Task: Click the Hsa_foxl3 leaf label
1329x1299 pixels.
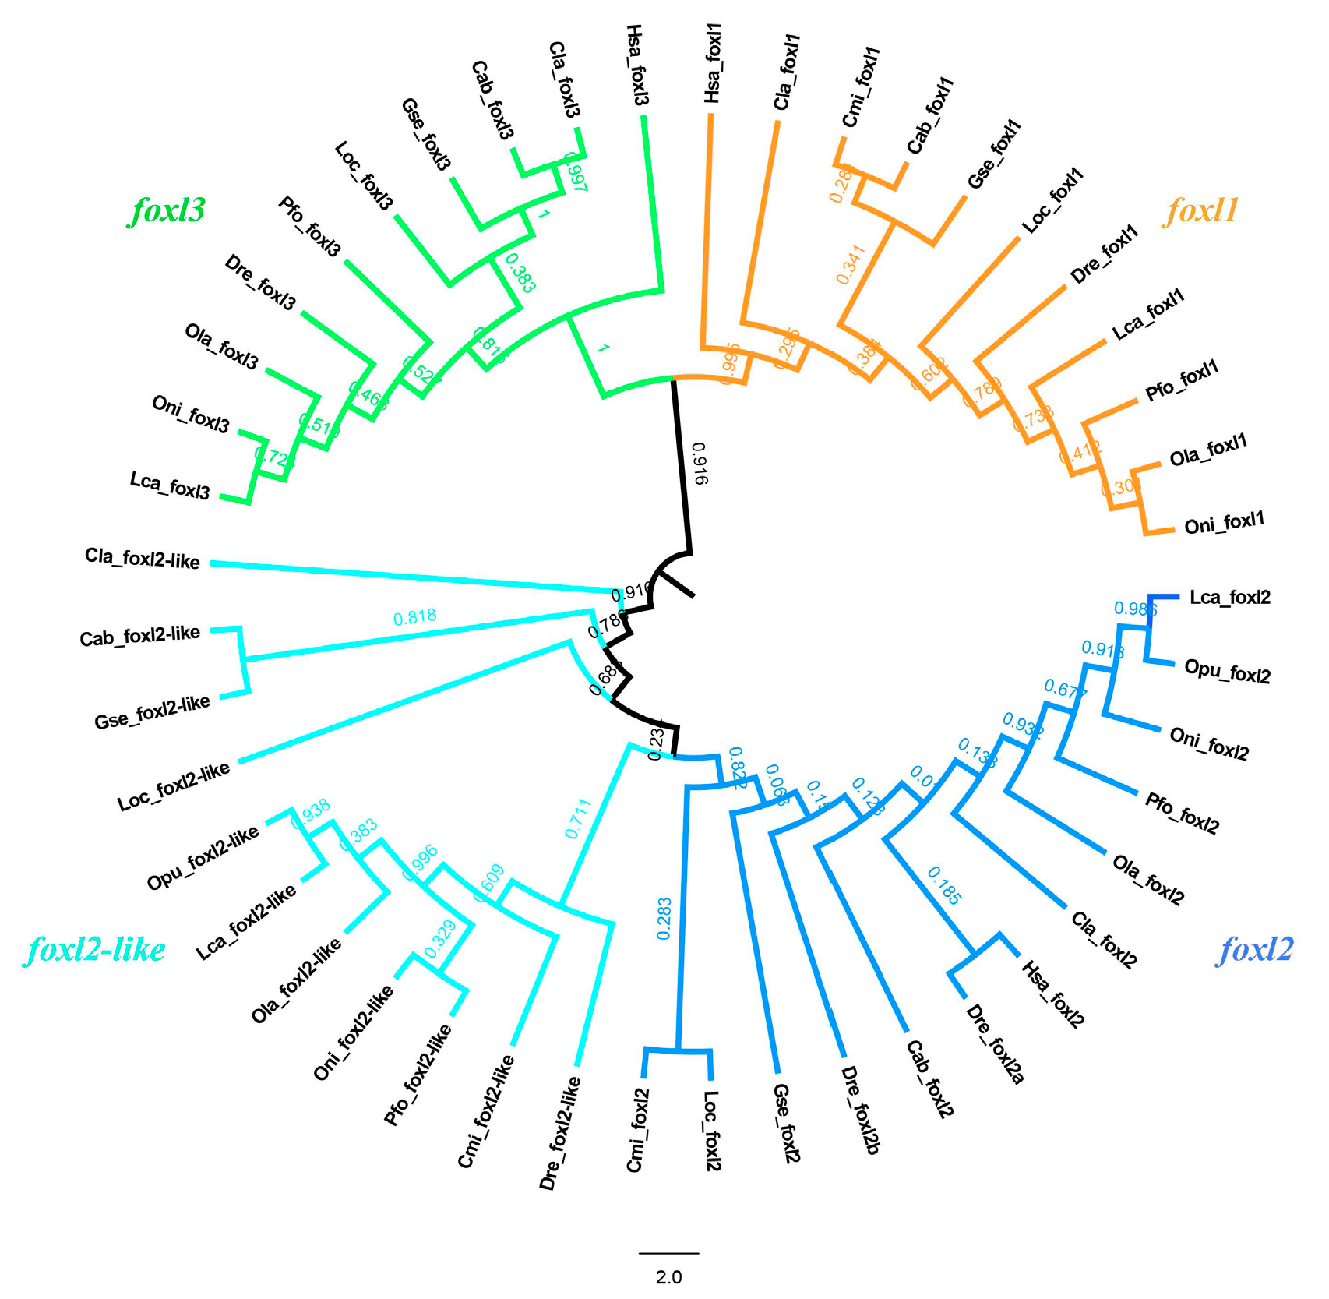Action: coord(636,65)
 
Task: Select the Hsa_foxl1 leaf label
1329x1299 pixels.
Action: coord(713,63)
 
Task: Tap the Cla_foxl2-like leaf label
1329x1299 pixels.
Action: coord(143,559)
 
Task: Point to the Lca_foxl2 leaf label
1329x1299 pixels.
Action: coord(1229,598)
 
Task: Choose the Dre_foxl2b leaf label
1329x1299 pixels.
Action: coord(861,1110)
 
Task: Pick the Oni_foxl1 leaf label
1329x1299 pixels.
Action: coord(1224,523)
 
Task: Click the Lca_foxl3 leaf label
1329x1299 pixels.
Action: coord(170,485)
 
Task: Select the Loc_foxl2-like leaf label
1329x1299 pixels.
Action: coord(174,786)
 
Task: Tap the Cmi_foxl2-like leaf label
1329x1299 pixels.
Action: coord(485,1110)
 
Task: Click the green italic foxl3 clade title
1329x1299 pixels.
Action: coord(167,210)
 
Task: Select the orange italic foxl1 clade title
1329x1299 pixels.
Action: coord(1200,210)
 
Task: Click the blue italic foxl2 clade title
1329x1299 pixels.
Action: coord(1255,949)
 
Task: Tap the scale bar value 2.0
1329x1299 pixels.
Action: coord(668,1277)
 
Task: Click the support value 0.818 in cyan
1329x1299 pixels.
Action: coord(414,618)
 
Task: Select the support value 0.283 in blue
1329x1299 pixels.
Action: coord(664,918)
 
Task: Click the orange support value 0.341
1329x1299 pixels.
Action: coord(851,265)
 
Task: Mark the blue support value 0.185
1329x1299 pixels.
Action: coord(944,886)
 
